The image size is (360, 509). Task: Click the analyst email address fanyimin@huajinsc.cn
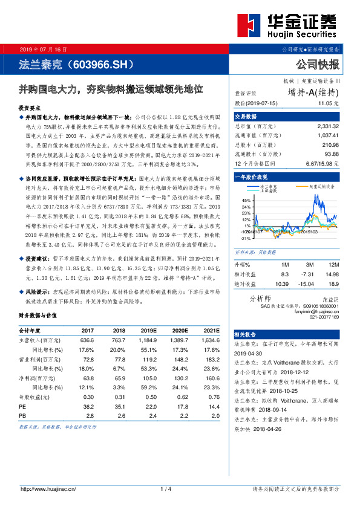point(320,311)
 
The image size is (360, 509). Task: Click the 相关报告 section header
point(247,334)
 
